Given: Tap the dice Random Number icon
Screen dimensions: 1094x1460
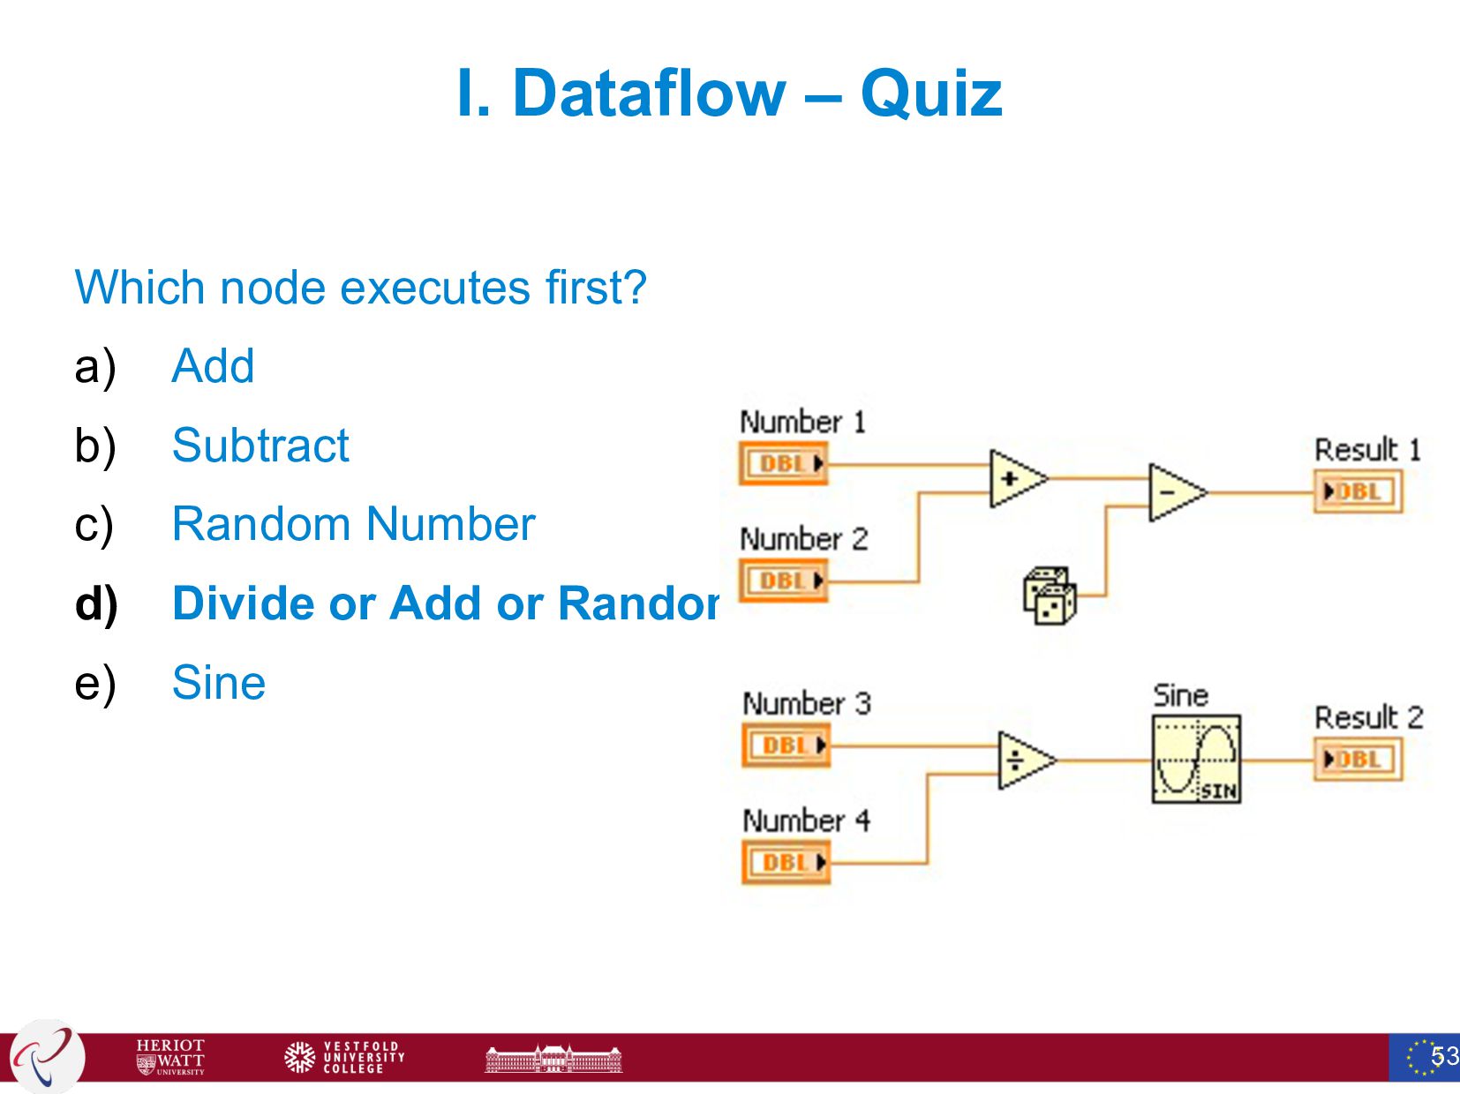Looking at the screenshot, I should tap(1050, 596).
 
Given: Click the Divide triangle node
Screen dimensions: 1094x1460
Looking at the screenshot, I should tap(1023, 760).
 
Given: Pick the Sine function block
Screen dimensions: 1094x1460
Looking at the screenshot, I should tap(1196, 759).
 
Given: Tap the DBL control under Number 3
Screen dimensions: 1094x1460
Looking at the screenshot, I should tap(786, 746).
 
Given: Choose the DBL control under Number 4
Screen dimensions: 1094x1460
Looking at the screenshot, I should tap(786, 862).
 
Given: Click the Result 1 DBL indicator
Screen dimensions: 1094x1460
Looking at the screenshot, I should tap(1358, 492).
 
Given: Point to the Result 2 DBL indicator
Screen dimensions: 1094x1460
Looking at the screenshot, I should tap(1358, 760).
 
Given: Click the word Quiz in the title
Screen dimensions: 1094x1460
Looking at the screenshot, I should tap(931, 93).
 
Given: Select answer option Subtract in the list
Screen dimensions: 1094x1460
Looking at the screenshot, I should tap(260, 446).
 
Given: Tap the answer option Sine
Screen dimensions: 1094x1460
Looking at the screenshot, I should tap(219, 683).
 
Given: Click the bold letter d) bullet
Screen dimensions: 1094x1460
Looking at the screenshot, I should tap(96, 604).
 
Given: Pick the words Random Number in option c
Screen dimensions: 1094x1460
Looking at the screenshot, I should tap(353, 524).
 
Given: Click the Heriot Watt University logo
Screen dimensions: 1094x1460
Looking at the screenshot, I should tap(170, 1056).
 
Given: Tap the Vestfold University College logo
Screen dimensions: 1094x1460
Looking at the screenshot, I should tap(344, 1056).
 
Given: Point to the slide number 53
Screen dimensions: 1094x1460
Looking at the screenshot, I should tap(1444, 1056).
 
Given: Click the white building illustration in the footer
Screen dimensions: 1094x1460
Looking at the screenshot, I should tap(553, 1058).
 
